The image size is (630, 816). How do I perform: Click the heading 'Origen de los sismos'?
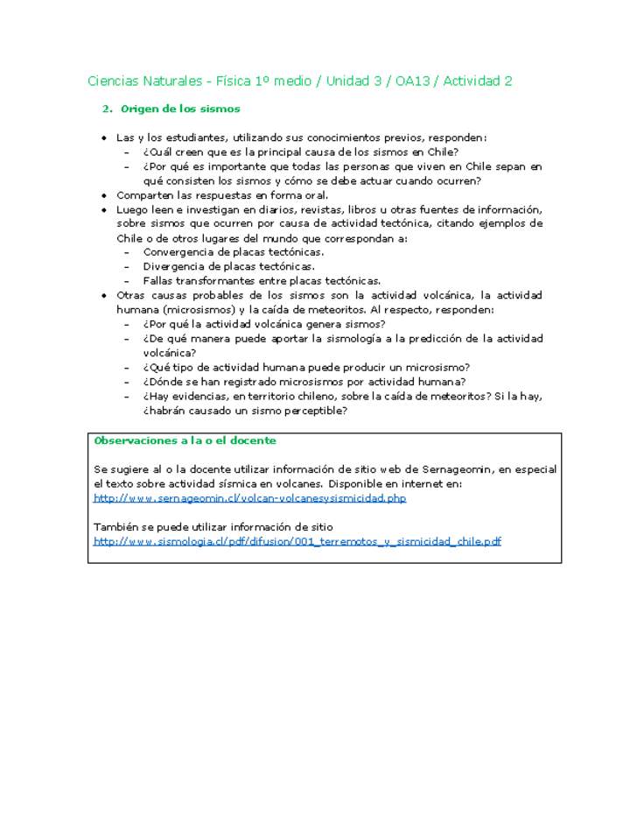180,109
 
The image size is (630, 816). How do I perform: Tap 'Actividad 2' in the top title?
478,81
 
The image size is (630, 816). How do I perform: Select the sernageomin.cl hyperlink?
249,498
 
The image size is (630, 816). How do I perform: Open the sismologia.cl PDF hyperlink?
297,541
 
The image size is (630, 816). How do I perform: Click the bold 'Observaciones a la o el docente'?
185,440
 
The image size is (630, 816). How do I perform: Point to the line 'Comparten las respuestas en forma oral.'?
222,195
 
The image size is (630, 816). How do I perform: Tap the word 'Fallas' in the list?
158,281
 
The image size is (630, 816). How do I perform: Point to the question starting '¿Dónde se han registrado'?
304,382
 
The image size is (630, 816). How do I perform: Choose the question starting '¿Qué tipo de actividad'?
307,368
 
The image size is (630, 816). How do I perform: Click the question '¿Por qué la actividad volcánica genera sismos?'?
264,324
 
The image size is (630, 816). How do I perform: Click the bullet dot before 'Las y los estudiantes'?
105,138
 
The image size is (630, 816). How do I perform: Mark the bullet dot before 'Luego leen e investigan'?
105,210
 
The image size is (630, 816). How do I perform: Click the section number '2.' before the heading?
108,109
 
